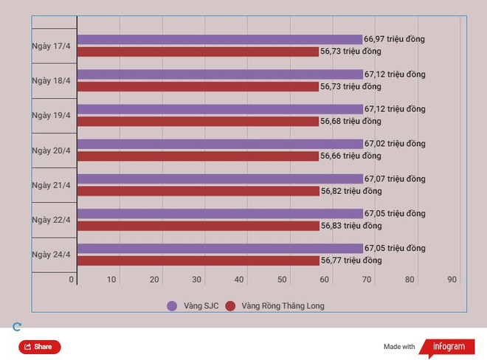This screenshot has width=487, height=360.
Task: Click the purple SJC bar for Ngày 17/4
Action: pyautogui.click(x=219, y=39)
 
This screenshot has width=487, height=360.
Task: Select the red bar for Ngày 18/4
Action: pyautogui.click(x=198, y=86)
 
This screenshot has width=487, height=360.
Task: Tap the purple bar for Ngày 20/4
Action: pyautogui.click(x=220, y=144)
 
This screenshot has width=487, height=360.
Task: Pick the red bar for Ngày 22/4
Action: pyautogui.click(x=198, y=226)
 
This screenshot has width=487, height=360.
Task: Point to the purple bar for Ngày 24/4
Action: pyautogui.click(x=220, y=249)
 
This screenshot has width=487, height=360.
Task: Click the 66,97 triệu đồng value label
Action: pyautogui.click(x=394, y=39)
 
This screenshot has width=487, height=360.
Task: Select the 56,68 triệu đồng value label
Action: pyautogui.click(x=350, y=121)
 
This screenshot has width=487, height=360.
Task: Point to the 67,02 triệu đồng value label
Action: pyautogui.click(x=395, y=144)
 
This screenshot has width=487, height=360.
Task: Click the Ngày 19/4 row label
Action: pyautogui.click(x=51, y=115)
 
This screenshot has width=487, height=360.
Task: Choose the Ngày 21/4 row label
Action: pyautogui.click(x=51, y=185)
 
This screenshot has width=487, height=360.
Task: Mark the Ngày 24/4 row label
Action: pyautogui.click(x=51, y=255)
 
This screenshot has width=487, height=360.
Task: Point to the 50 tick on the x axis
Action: pyautogui.click(x=282, y=280)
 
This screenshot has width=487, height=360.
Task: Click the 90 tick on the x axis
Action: pyautogui.click(x=452, y=280)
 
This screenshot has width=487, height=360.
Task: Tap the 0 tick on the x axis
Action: pyautogui.click(x=72, y=280)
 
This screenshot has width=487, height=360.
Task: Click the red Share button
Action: pyautogui.click(x=40, y=347)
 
